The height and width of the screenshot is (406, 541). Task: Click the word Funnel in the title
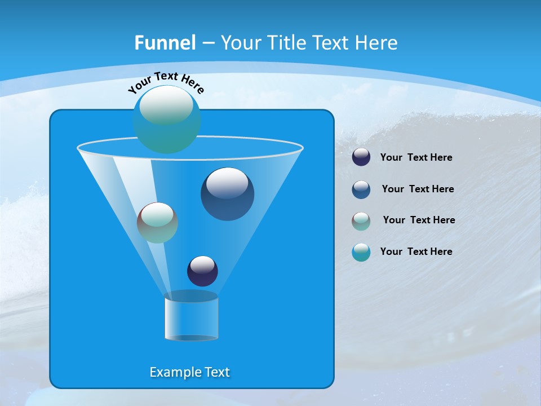[x=165, y=43]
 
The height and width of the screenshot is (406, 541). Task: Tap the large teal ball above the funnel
[x=167, y=119]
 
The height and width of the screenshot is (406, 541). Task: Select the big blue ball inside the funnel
[x=227, y=194]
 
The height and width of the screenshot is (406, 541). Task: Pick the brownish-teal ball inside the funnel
[x=157, y=223]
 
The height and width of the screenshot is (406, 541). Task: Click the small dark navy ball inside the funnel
[x=202, y=271]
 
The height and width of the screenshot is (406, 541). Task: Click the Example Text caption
[x=189, y=372]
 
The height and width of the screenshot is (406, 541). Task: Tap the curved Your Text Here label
[x=166, y=82]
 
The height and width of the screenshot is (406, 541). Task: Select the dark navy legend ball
[x=361, y=157]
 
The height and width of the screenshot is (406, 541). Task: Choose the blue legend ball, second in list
[x=361, y=189]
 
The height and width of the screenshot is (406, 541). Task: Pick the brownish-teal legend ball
[x=361, y=220]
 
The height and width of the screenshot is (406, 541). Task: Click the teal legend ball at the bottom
[x=361, y=252]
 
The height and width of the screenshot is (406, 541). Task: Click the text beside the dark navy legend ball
[x=416, y=158]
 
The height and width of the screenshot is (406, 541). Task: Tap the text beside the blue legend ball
[x=418, y=189]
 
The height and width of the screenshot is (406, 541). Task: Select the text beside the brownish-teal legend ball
[x=419, y=220]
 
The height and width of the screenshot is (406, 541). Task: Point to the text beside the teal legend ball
[x=416, y=252]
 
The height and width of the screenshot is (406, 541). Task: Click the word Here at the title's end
[x=379, y=43]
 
